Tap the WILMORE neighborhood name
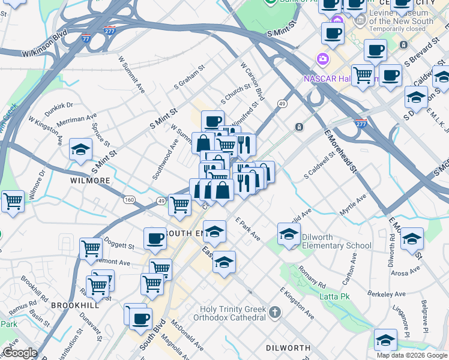point(89,180)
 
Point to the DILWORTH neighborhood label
point(288,348)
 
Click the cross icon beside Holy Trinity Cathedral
point(275,312)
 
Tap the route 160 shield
point(129,199)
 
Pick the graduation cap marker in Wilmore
point(80,150)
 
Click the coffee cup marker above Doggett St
point(155,238)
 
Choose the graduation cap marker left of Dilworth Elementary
point(289,233)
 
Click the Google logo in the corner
point(20,353)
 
